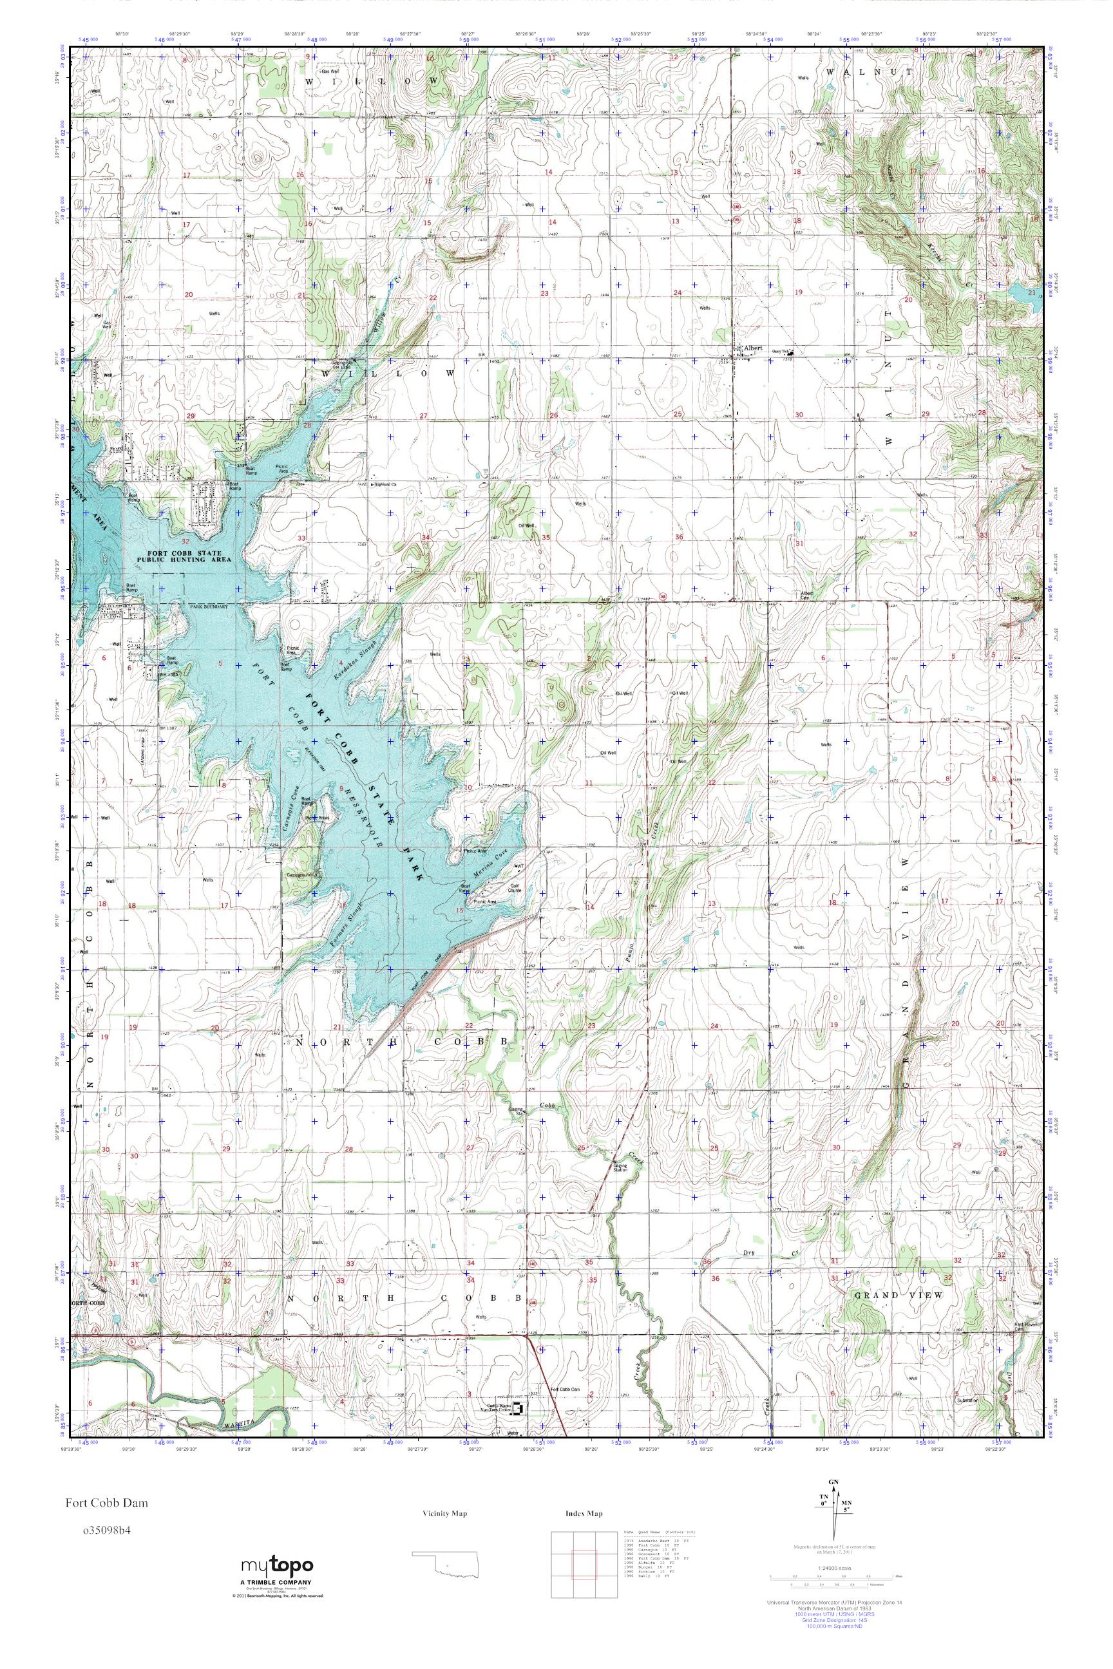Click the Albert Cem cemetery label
pos(807,595)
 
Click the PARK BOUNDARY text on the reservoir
pos(207,606)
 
